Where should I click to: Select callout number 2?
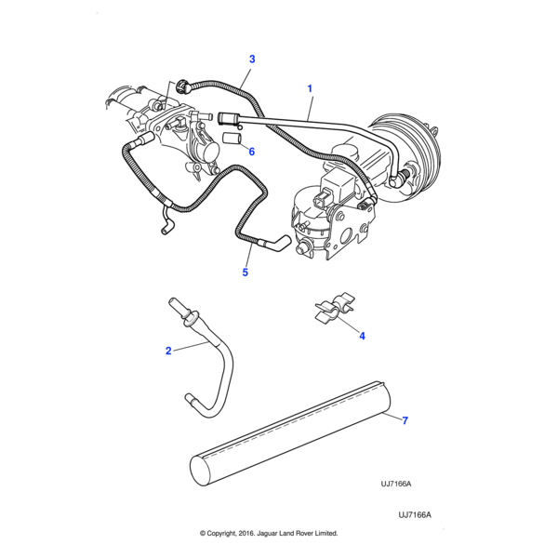coord(168,351)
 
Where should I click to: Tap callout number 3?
coord(251,60)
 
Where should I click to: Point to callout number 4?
coord(362,335)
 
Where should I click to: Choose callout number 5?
coord(246,272)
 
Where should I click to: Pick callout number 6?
coord(250,151)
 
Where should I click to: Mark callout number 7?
coord(405,420)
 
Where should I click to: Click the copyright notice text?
coord(269,534)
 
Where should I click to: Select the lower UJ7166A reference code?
coord(415,514)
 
